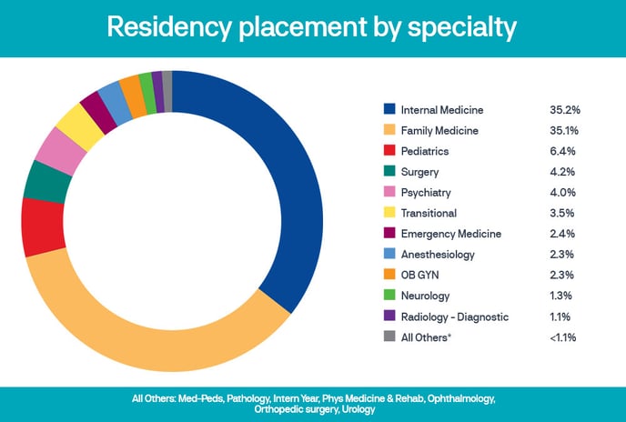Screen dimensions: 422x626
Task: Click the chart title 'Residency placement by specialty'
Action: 312,27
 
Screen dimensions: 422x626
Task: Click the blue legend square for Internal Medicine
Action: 389,110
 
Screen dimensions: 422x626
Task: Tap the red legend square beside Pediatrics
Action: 389,151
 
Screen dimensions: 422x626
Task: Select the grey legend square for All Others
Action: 389,337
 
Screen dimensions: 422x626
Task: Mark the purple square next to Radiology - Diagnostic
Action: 389,316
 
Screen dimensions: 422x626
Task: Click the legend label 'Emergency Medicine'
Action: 451,234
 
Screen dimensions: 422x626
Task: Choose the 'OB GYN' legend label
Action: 421,276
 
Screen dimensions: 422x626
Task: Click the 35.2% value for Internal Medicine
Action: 565,110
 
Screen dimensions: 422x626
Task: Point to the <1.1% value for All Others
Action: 564,337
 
